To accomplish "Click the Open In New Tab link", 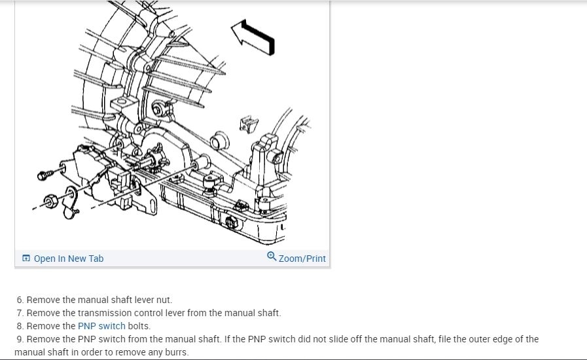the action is (68, 259).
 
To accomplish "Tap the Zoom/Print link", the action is (302, 259).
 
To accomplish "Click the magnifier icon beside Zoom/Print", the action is (272, 257).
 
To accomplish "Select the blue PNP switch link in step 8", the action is (101, 326).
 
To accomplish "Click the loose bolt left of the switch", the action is (44, 175).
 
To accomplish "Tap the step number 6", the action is (20, 300).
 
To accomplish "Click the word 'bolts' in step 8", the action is (139, 326).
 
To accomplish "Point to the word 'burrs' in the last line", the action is (176, 352).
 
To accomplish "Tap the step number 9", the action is (20, 339).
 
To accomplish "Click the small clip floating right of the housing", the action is (248, 122).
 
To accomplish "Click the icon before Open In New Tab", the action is (26, 259).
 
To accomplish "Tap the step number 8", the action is (20, 326).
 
